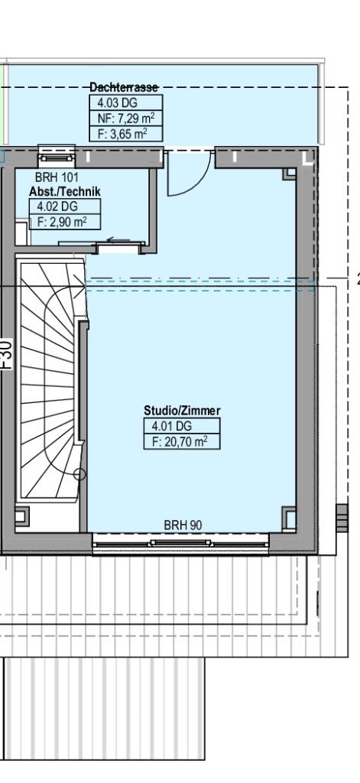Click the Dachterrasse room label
[124, 87]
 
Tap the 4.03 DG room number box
[126, 103]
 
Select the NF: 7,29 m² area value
[126, 119]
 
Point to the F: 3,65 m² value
[126, 134]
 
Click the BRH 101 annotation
[57, 177]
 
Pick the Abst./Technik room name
[65, 191]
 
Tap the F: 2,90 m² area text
[65, 221]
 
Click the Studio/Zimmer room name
[182, 411]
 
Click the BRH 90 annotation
[183, 525]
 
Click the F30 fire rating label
[6, 353]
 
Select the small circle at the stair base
[80, 474]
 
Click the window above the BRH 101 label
[57, 156]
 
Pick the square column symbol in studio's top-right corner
[290, 174]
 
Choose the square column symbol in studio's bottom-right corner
[289, 518]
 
